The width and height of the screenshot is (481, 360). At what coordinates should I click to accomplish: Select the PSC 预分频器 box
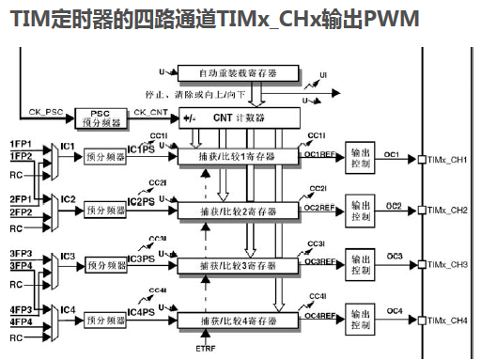[x=98, y=117]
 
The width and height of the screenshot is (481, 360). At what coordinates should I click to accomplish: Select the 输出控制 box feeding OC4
[x=360, y=320]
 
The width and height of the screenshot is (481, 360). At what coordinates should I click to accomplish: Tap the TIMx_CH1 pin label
[x=447, y=158]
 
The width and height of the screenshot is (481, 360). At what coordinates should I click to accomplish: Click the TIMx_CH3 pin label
[x=447, y=266]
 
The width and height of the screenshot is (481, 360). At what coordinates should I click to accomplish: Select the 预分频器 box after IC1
[x=105, y=158]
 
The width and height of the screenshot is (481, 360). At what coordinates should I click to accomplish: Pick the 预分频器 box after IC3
[x=105, y=266]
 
